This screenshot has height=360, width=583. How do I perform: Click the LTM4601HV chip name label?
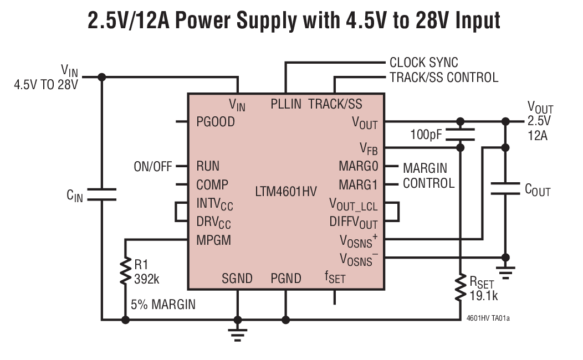[286, 192]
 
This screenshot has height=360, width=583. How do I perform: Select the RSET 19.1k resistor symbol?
[459, 288]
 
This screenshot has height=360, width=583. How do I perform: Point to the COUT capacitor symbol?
[505, 188]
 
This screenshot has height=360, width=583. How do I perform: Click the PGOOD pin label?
[216, 122]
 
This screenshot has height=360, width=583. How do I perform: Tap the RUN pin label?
[208, 166]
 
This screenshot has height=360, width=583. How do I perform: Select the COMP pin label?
[212, 184]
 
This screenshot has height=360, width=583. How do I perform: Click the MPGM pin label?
[213, 240]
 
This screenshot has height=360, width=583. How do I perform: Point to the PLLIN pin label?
[285, 104]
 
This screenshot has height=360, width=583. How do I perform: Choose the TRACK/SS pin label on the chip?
[335, 104]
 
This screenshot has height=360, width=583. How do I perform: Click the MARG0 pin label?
[358, 166]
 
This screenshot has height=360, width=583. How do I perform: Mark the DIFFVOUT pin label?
[354, 223]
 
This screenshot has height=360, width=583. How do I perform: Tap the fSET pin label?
[335, 277]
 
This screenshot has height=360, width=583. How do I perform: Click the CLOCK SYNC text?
[423, 63]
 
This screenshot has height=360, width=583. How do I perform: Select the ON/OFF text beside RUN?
[153, 167]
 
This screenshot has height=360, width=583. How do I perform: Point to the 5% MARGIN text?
[163, 305]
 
